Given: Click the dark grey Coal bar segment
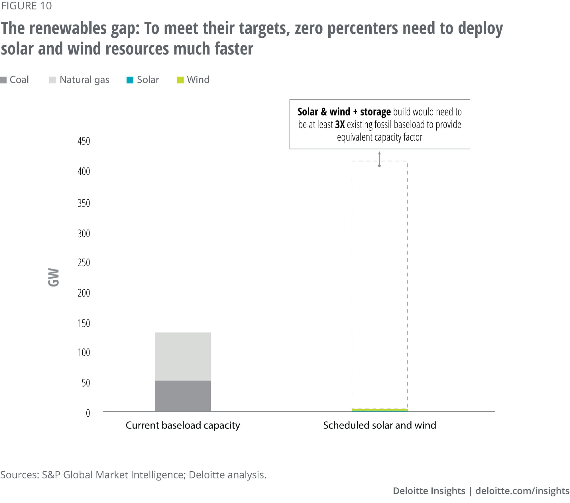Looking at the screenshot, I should point(183,395).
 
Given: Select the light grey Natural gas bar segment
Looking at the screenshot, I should point(183,356).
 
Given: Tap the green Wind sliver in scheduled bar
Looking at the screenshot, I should point(380,409).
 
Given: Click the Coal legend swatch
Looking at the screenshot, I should point(3,80).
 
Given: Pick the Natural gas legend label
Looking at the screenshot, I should point(84,80).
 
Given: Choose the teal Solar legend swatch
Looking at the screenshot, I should point(130,80).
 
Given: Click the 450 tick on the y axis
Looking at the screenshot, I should point(84,141).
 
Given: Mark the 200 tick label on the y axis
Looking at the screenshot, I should point(84,293).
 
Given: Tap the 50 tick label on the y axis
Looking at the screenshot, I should point(85,383).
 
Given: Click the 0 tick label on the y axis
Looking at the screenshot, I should point(88,413).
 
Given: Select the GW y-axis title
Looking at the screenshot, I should point(53,277).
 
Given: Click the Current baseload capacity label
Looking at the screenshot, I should point(183,425).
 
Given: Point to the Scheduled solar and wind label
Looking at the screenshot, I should point(379,425).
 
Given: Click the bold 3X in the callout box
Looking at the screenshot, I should point(340,125).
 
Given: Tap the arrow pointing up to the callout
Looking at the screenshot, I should point(379,159).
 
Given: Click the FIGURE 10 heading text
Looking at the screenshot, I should point(26,6).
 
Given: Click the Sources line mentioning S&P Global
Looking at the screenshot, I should point(133,475).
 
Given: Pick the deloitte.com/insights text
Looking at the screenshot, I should point(522,491).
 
